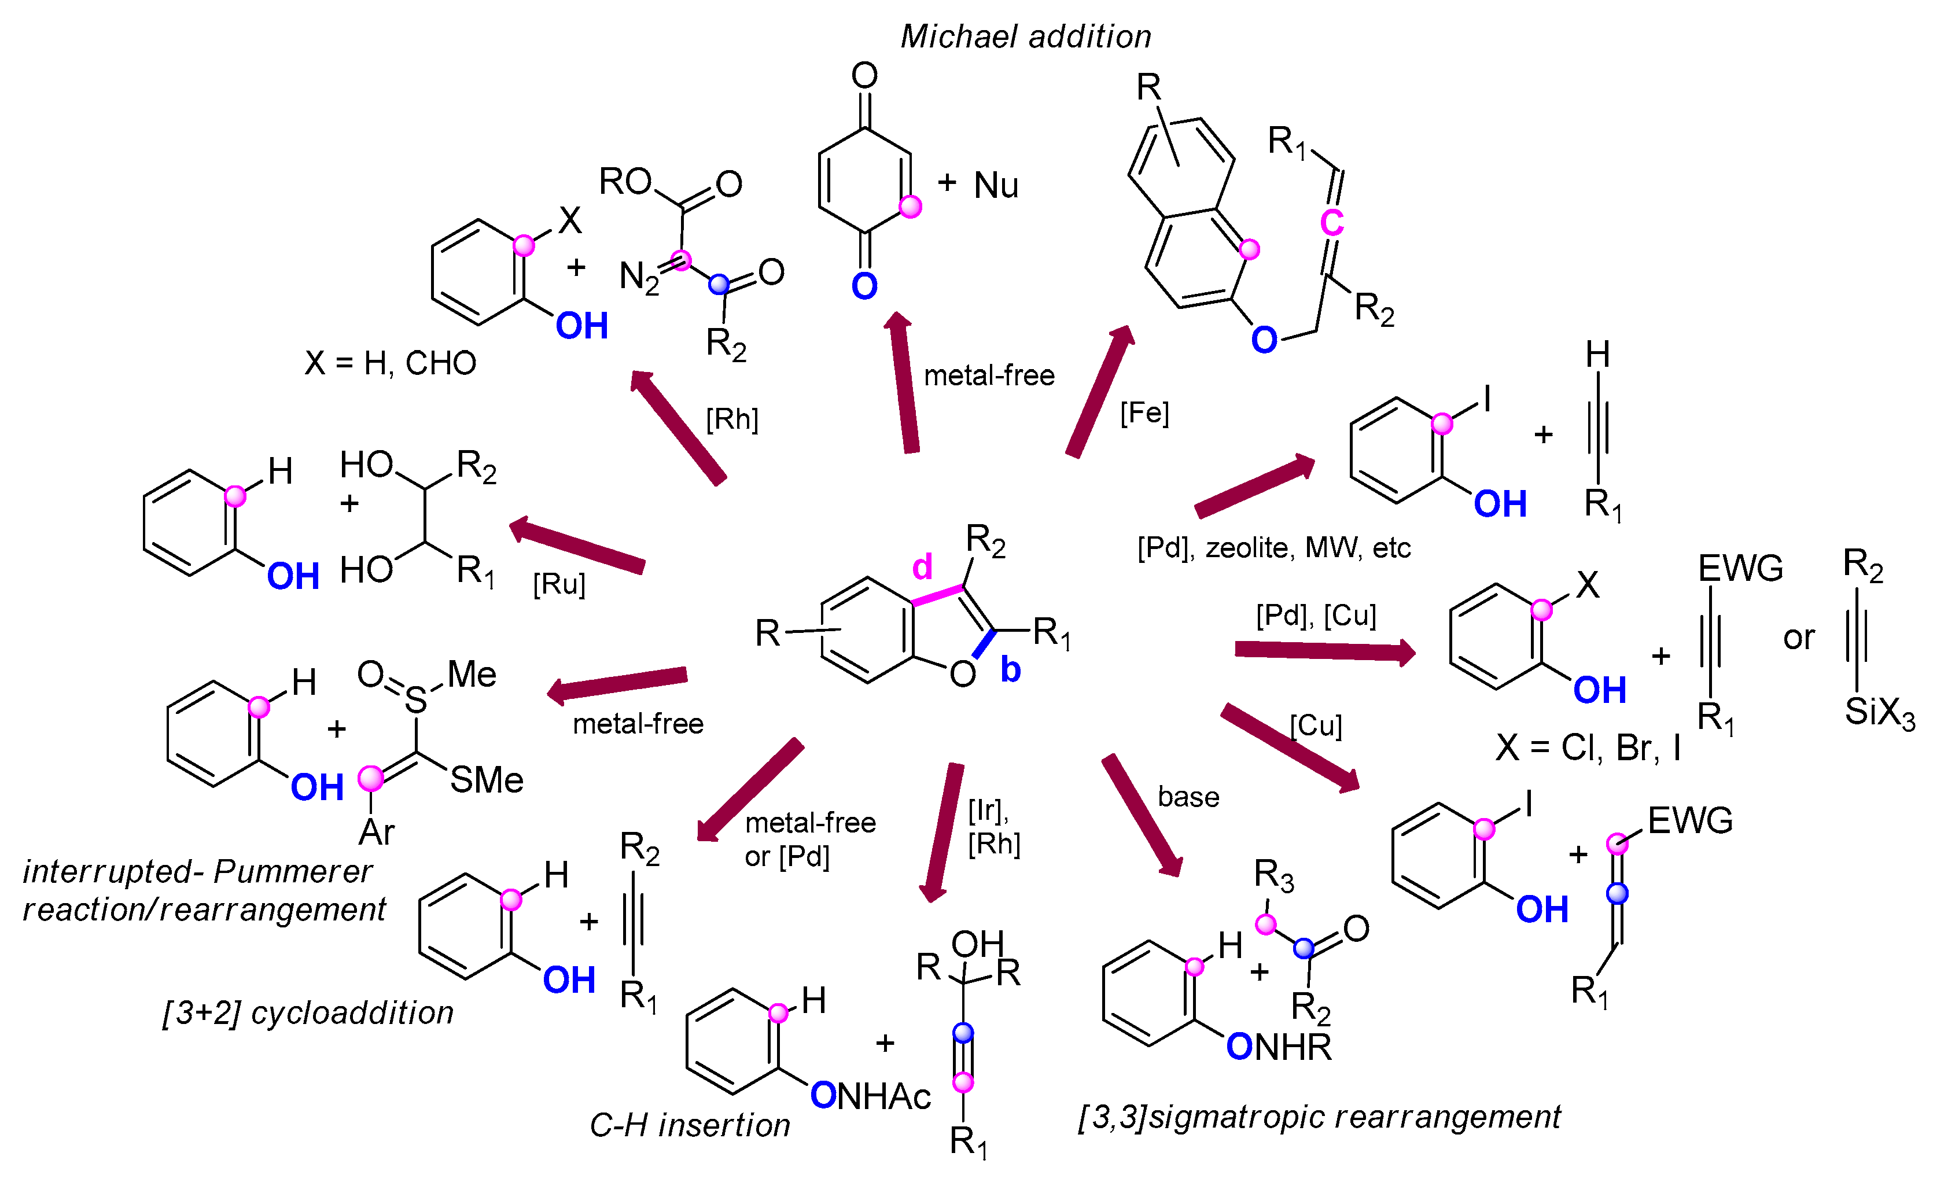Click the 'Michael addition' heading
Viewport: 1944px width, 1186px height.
[1026, 37]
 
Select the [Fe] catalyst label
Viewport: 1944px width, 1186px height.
[1144, 412]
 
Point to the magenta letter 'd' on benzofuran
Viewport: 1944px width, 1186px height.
[922, 566]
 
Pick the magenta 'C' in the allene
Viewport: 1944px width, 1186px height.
[1332, 223]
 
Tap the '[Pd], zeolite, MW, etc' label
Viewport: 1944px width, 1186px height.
[1273, 548]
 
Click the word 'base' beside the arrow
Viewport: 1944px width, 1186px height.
[1188, 797]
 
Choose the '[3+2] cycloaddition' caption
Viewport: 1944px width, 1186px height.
[308, 1013]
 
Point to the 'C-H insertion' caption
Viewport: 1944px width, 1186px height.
[690, 1125]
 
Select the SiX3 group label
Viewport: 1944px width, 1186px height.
[1879, 713]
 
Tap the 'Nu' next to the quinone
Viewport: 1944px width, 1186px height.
[996, 186]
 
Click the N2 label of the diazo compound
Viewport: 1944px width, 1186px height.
[639, 278]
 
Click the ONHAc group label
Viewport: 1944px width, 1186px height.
[871, 1096]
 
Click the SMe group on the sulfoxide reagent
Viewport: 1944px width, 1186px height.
[487, 780]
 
